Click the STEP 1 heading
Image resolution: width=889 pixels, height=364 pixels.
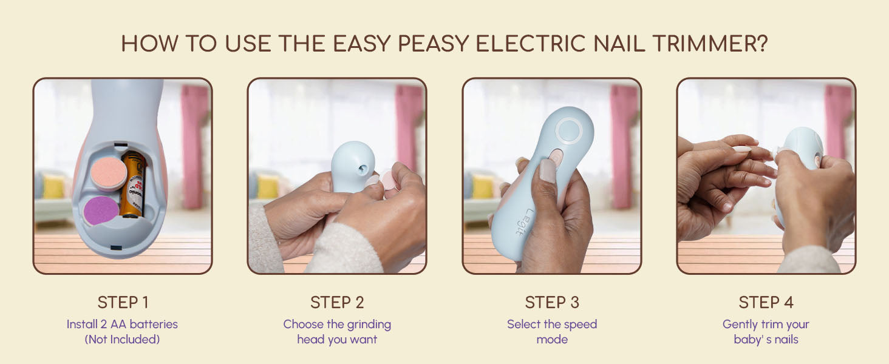[x=123, y=303]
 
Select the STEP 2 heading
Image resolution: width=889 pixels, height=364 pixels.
[x=337, y=303]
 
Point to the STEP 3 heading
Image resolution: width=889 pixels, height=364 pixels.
[x=552, y=303]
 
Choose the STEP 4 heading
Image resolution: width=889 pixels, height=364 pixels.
[x=766, y=303]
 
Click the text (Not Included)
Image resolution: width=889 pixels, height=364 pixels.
[x=122, y=339]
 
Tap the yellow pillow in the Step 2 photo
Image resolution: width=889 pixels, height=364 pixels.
[x=268, y=186]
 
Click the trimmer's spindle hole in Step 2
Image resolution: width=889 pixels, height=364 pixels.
[x=362, y=169]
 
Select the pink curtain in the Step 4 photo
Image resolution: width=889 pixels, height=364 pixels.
[x=839, y=119]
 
